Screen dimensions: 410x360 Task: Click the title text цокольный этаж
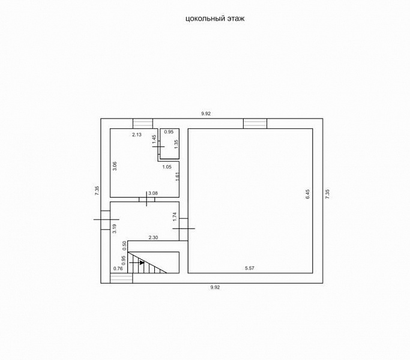tap(215, 19)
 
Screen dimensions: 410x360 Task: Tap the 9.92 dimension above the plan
tap(206, 114)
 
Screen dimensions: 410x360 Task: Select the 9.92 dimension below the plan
tap(215, 287)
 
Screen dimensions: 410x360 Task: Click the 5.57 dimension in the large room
tap(250, 268)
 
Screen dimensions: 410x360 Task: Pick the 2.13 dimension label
tap(137, 134)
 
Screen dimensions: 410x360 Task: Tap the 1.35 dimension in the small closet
tap(176, 145)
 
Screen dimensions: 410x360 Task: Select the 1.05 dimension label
tap(167, 167)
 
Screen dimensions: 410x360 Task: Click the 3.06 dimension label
tap(115, 166)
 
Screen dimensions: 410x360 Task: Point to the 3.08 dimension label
tap(153, 193)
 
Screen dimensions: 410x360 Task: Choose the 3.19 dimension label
tap(114, 229)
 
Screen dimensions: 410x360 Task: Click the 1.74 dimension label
tap(175, 217)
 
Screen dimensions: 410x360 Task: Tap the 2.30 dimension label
tap(153, 238)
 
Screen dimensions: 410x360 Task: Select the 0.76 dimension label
tap(118, 268)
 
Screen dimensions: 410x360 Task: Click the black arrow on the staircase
tap(137, 262)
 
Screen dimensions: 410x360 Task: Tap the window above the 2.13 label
tap(143, 124)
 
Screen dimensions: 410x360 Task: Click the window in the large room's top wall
tap(255, 124)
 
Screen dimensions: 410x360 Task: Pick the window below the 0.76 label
tap(121, 278)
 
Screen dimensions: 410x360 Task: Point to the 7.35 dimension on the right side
tap(327, 194)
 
